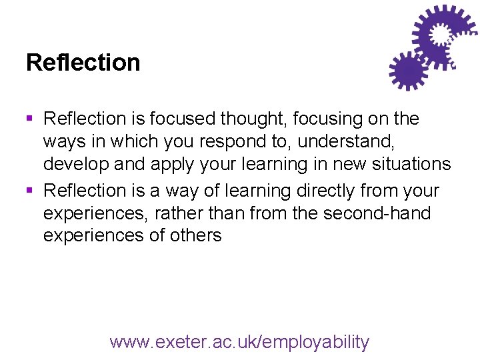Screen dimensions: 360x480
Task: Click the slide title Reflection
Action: pos(83,63)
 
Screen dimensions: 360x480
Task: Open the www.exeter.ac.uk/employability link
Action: pos(239,342)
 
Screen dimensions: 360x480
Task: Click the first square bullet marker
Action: pos(29,119)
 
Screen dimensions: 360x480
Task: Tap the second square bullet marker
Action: pos(29,191)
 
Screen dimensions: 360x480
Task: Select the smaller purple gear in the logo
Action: pos(407,70)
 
